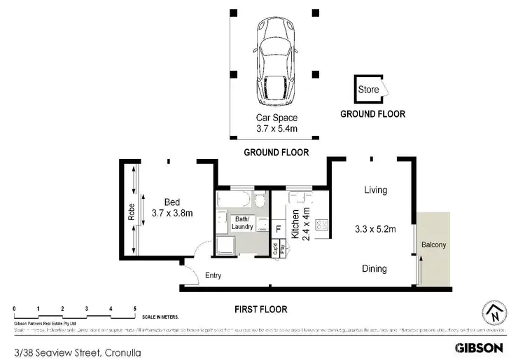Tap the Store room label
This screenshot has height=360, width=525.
[x=368, y=90]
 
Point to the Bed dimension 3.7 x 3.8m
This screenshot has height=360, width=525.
[x=172, y=212]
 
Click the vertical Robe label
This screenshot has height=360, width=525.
[x=132, y=212]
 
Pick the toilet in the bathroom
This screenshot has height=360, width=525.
[x=260, y=202]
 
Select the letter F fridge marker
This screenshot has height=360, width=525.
[x=278, y=228]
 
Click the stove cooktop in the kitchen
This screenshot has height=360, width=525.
[x=322, y=226]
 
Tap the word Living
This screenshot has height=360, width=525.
[x=375, y=190]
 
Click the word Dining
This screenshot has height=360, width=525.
[x=374, y=268]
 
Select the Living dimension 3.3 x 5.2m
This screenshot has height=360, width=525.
[x=376, y=229]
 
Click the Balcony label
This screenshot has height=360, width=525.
[x=434, y=244]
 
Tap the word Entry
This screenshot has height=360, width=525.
[x=213, y=275]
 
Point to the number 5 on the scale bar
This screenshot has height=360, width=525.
[x=134, y=308]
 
